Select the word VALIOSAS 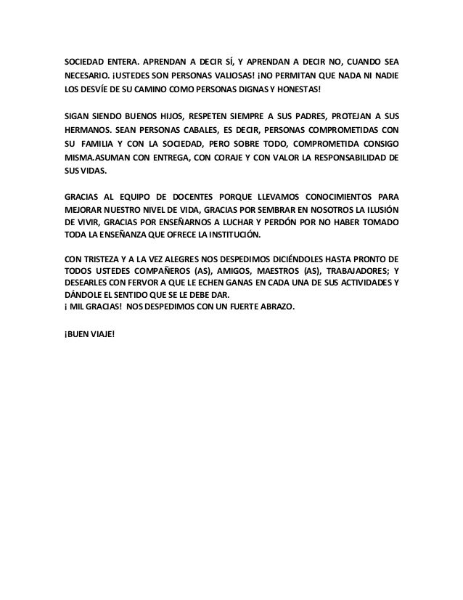(250, 74)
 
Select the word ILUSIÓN (381, 209)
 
